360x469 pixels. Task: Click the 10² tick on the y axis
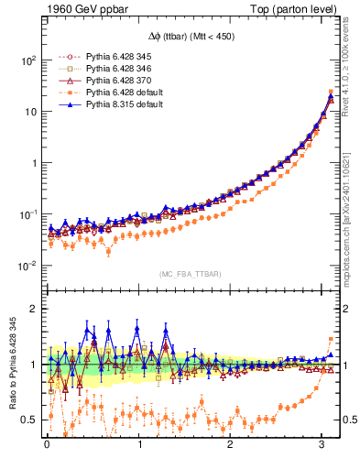coord(27,60)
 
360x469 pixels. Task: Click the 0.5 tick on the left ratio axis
coord(30,420)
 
